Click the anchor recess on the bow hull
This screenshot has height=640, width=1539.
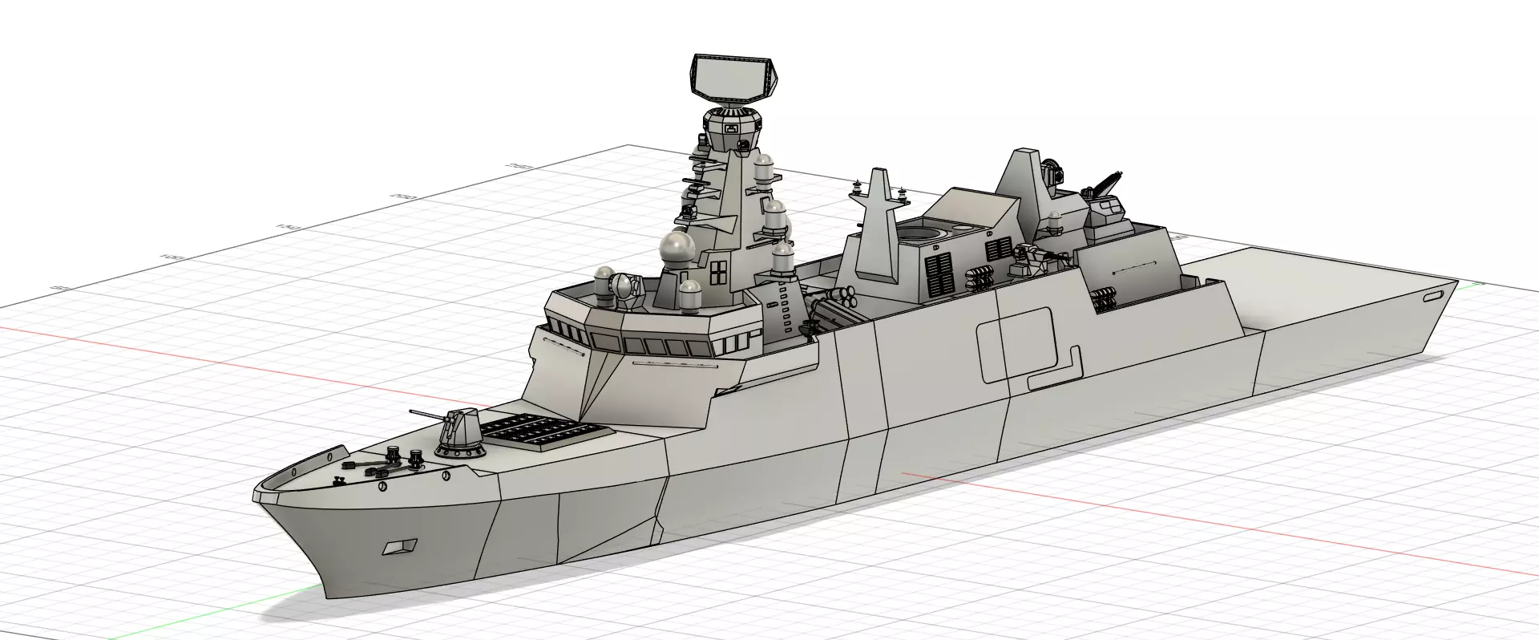(398, 546)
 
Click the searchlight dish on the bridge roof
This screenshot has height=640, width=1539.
(624, 287)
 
